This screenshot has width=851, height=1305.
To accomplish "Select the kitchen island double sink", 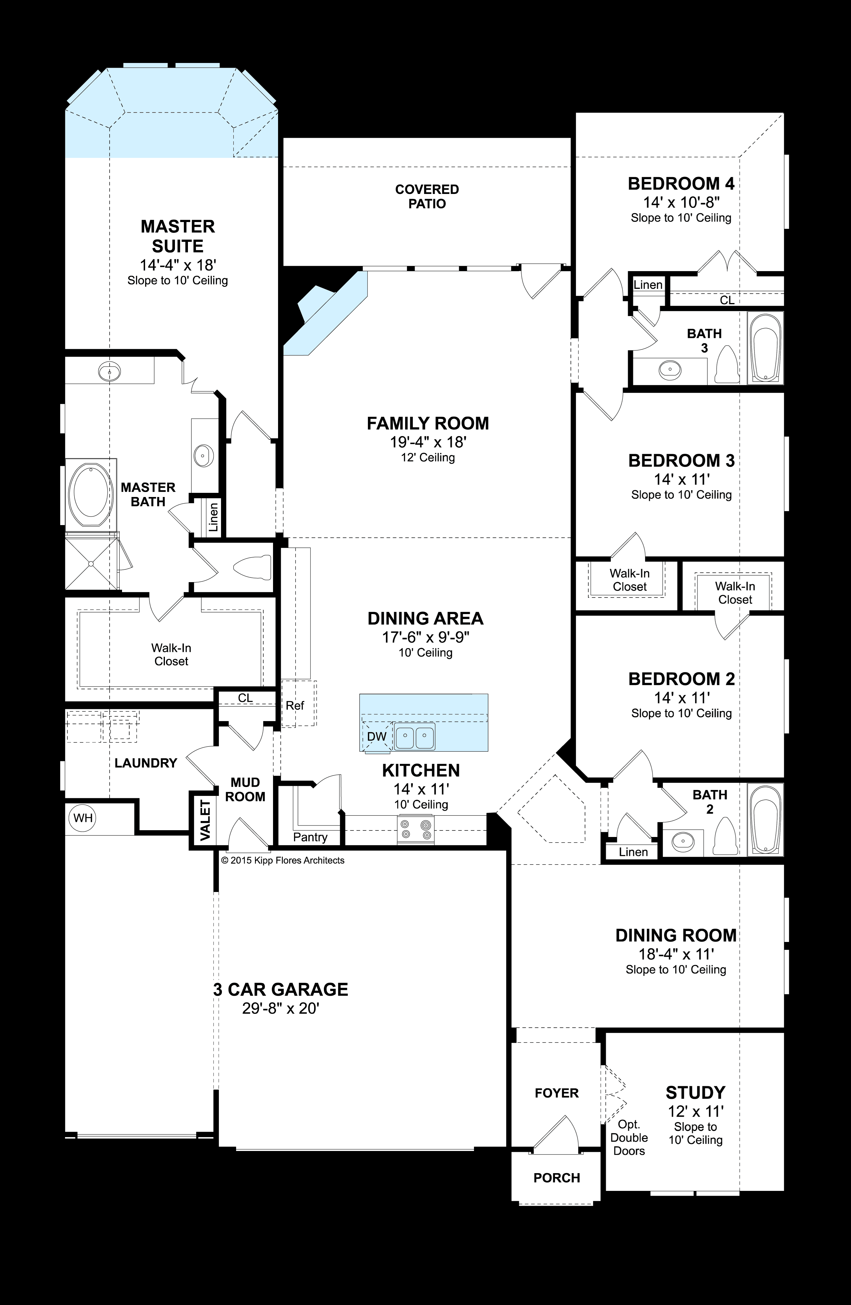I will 415,736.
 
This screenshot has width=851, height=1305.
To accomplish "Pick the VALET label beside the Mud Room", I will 205,821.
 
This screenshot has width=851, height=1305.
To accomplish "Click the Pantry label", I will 310,837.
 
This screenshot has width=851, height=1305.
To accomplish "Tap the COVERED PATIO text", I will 427,196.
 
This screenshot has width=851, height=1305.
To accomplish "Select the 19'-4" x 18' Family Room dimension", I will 427,441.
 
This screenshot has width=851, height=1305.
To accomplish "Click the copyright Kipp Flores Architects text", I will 283,860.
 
